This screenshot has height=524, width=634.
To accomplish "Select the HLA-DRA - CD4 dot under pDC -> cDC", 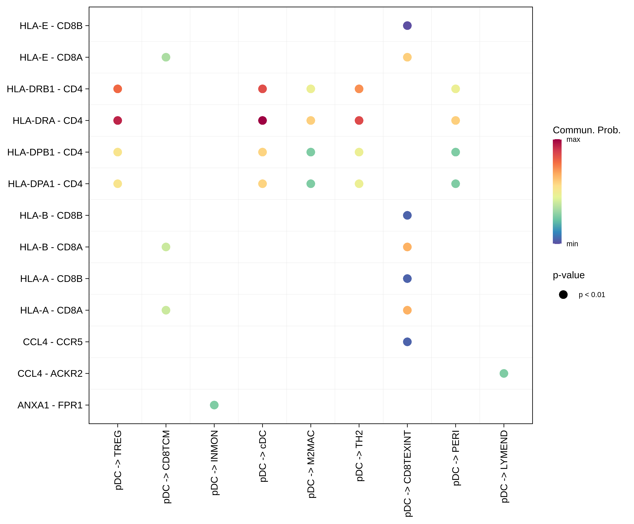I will [x=262, y=120].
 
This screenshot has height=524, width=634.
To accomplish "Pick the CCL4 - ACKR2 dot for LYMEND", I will [x=504, y=373].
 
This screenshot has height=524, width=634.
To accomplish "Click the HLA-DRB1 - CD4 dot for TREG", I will [x=117, y=89].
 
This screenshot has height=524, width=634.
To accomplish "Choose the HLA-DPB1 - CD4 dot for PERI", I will [x=455, y=152].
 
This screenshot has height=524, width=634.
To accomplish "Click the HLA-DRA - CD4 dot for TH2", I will [x=359, y=120].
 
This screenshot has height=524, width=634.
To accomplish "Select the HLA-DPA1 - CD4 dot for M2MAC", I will [x=310, y=184].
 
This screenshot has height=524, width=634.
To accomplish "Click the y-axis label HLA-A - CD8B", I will [x=51, y=279].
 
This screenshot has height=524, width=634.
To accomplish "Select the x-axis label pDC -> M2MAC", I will [x=311, y=464].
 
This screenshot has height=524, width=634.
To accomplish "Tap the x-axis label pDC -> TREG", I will [x=117, y=460].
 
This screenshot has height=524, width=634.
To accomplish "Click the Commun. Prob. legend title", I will [x=586, y=130].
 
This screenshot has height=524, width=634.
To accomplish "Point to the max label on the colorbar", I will [x=573, y=140].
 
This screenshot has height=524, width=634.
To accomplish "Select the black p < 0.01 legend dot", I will [x=563, y=294].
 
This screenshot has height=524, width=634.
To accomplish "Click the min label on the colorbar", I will [x=572, y=244].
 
